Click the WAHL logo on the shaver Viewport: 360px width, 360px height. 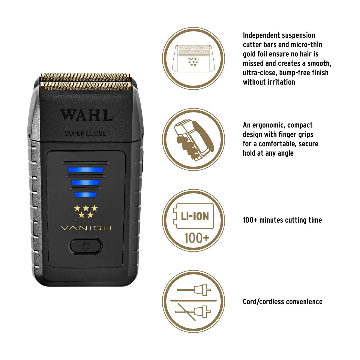tap(86, 115)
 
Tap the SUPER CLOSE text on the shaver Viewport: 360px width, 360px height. tap(85, 133)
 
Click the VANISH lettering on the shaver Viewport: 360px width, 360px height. tap(86, 228)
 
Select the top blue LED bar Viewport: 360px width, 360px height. tap(85, 170)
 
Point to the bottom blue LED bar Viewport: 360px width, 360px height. tap(85, 195)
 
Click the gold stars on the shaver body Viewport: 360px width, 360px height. tap(86, 211)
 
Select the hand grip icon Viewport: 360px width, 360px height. tap(193, 139)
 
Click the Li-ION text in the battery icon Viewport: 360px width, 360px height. tap(195, 216)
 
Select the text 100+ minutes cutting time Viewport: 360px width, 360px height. tap(282, 220)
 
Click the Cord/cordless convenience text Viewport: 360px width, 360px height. tap(282, 302)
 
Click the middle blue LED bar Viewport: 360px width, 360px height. tap(85, 182)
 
